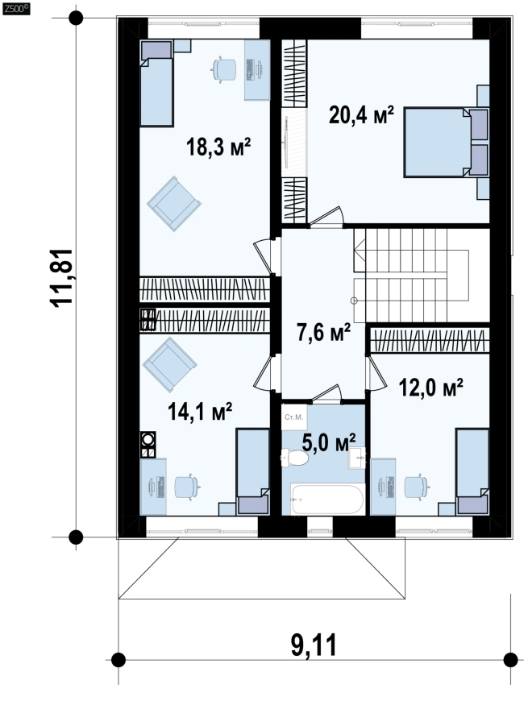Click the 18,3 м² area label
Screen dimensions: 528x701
click(218, 147)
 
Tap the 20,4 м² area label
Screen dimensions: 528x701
click(361, 114)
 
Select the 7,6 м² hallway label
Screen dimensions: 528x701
click(323, 332)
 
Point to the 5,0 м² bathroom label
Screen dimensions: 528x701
click(329, 442)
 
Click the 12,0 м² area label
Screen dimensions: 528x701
click(430, 387)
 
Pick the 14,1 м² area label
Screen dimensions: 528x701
click(200, 411)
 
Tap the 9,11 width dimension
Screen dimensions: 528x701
click(314, 645)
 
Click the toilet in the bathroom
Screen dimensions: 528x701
click(294, 458)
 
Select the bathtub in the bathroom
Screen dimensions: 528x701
click(326, 499)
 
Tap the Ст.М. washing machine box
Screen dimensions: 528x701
click(294, 417)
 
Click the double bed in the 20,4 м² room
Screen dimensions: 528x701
click(446, 142)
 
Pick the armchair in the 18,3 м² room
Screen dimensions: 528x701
click(174, 203)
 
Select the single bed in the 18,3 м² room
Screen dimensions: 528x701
click(156, 83)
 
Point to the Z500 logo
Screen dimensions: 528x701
click(15, 9)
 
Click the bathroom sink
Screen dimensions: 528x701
click(357, 458)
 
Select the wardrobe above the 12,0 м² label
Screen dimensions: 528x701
click(430, 340)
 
